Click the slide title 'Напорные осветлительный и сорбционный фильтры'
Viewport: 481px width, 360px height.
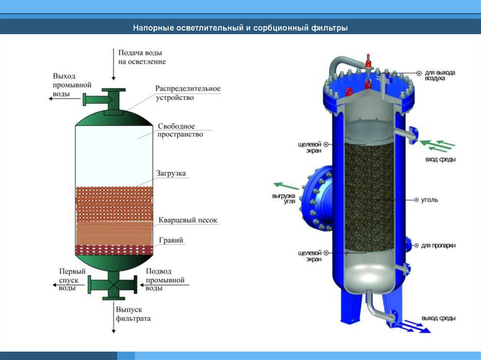point(240,28)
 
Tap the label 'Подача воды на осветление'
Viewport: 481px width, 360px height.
point(141,57)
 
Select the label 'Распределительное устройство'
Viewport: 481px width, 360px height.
point(188,93)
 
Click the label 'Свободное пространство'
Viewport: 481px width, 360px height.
point(180,130)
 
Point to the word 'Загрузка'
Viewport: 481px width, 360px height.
point(171,173)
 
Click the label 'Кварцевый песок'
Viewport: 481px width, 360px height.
point(188,220)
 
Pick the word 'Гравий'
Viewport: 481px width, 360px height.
point(171,241)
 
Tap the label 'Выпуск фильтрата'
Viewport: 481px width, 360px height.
point(133,314)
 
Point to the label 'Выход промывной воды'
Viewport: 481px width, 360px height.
point(64,84)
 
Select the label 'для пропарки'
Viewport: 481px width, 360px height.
point(437,245)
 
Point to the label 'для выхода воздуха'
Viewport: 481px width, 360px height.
point(440,76)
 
